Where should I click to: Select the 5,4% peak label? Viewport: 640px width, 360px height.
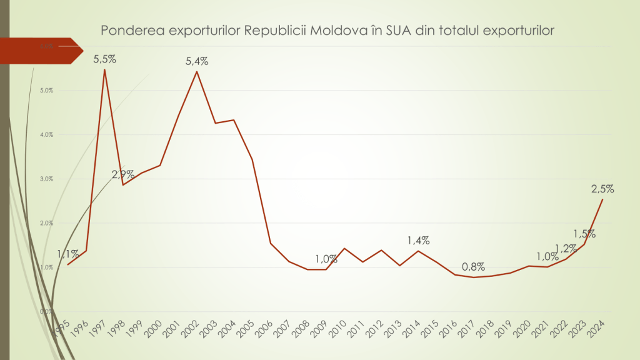click(197, 61)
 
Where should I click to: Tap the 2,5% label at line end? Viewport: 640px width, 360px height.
click(602, 188)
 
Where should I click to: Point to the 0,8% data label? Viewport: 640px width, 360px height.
click(473, 267)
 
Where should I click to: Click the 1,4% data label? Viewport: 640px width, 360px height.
click(418, 240)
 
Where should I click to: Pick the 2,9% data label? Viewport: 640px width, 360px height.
click(123, 174)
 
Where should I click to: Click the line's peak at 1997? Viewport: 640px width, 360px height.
click(104, 69)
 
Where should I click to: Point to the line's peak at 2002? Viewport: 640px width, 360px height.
click(197, 71)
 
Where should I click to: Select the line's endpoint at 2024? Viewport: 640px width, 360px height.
click(602, 199)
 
